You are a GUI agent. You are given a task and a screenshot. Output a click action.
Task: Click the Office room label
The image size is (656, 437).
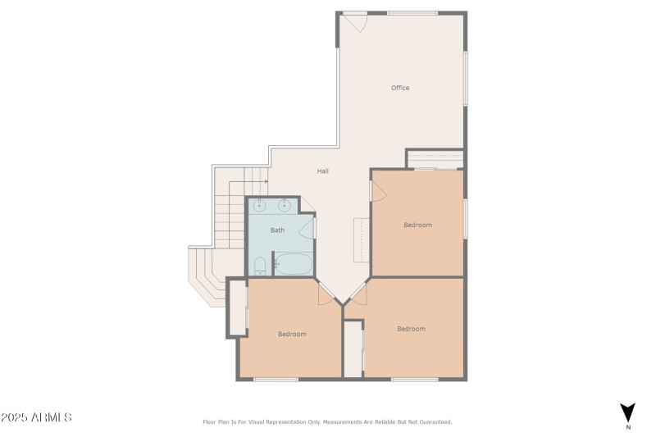[400, 88]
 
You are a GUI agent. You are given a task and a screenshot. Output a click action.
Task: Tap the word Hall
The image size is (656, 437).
[322, 171]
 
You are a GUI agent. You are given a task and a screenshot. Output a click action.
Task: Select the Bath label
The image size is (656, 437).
[277, 230]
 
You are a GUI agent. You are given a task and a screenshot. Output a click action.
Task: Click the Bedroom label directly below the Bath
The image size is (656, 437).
[292, 335]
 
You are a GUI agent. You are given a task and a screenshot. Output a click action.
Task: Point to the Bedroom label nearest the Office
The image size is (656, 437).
[417, 225]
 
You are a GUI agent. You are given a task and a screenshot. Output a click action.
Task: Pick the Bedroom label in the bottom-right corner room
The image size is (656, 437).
[412, 329]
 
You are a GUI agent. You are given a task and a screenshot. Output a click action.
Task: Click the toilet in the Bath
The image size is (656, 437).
[260, 266]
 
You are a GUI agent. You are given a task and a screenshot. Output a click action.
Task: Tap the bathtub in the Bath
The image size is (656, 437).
[294, 264]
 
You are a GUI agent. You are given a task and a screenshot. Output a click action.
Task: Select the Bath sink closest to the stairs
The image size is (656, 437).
[259, 205]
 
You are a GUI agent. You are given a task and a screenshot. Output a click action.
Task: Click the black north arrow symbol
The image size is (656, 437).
[627, 412]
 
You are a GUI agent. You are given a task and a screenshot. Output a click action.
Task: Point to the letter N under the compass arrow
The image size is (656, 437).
[628, 427]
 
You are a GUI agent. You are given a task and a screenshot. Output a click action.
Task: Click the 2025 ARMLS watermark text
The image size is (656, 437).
[36, 417]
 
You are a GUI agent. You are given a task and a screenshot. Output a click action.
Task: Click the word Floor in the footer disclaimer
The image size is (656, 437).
[209, 422]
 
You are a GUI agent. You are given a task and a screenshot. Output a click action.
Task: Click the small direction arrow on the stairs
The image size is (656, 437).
[266, 181]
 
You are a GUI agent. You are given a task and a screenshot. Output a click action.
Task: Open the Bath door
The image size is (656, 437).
[307, 228]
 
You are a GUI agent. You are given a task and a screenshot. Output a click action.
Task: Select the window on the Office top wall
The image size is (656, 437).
[412, 13]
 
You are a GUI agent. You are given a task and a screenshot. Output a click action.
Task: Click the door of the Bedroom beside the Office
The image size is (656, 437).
[378, 192]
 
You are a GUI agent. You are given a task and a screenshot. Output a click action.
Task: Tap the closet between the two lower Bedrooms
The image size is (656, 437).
[353, 349]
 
